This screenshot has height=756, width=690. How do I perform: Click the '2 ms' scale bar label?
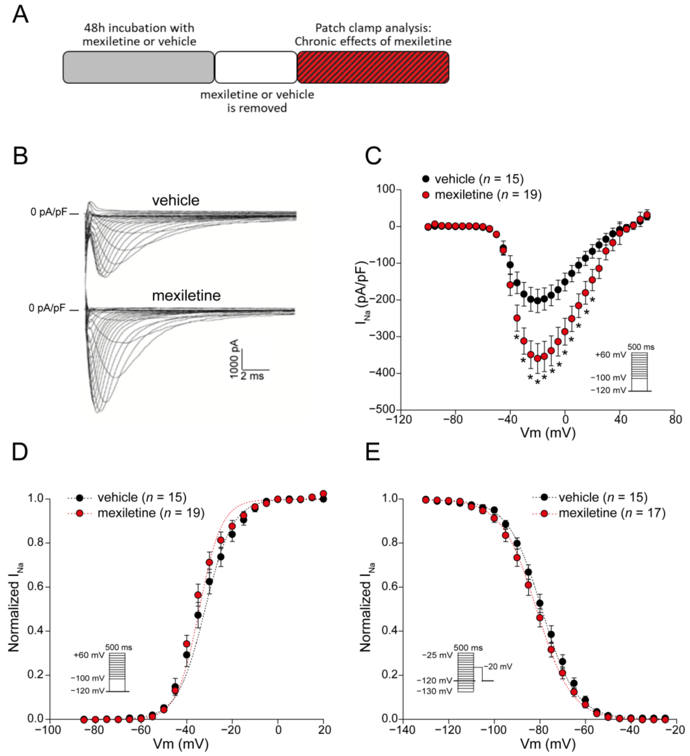click(x=252, y=376)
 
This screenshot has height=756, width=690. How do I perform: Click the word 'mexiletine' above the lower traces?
click(x=186, y=296)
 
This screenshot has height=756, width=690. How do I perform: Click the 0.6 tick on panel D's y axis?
click(x=36, y=587)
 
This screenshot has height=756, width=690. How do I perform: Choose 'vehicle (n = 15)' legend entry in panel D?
click(x=142, y=498)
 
